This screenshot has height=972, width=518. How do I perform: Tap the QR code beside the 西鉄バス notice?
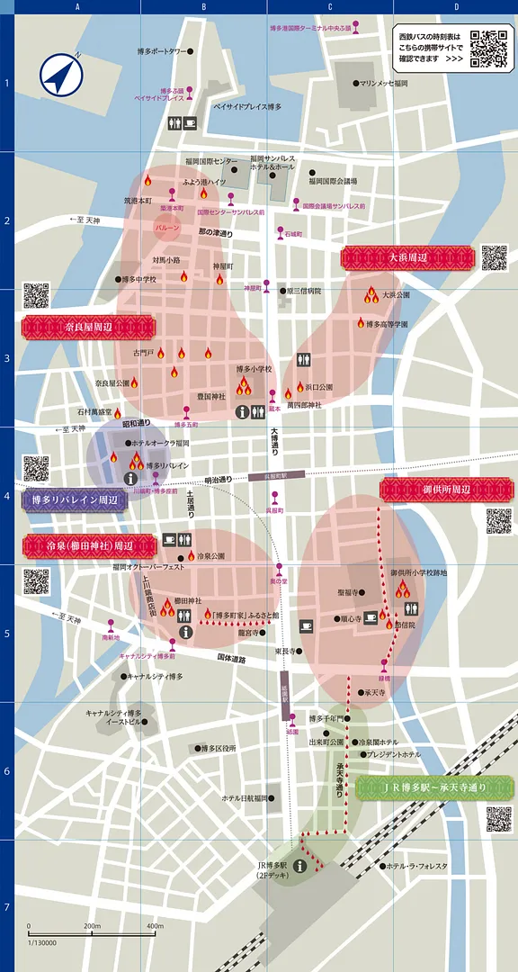coord(489,49)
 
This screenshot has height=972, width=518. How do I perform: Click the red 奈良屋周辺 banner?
coord(87,327)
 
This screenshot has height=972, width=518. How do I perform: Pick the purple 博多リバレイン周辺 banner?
coord(75,499)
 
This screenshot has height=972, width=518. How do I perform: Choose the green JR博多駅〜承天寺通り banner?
coord(434,787)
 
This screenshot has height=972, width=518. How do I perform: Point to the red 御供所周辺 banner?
coord(447,490)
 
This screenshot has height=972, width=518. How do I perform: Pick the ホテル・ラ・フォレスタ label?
coord(416,866)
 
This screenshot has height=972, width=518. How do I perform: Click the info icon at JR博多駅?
coord(296,866)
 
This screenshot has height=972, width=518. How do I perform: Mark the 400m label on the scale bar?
coord(155,926)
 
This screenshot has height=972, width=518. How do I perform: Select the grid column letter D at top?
coord(456,7)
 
